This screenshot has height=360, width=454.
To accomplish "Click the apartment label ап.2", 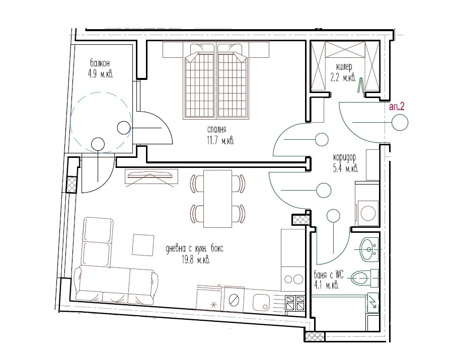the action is (x=397, y=107).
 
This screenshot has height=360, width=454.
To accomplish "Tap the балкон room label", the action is (x=100, y=63).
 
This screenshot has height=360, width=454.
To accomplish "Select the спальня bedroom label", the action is (x=216, y=129).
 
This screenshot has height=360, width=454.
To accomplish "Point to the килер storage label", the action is (x=344, y=67).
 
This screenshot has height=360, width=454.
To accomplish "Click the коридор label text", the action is (x=345, y=158).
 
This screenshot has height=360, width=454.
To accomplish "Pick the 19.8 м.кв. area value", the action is (x=196, y=260).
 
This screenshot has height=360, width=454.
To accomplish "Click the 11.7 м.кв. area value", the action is (x=220, y=141).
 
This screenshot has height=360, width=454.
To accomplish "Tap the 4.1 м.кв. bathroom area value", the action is (x=326, y=286).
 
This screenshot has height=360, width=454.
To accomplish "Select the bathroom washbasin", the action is (x=369, y=249).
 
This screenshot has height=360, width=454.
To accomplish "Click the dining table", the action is (x=218, y=199).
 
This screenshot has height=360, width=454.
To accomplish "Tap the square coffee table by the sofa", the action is (x=143, y=245).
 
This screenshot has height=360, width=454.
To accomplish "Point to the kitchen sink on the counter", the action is (x=261, y=303).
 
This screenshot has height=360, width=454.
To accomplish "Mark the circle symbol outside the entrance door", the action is (x=400, y=122).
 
